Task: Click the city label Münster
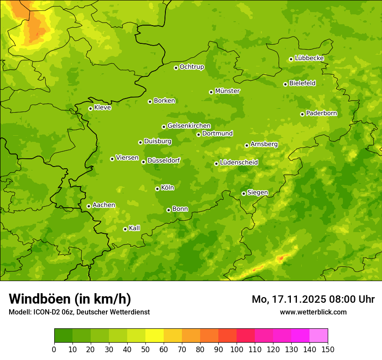pyautogui.click(x=227, y=91)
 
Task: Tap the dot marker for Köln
pyautogui.click(x=157, y=189)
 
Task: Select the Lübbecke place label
pyautogui.click(x=309, y=58)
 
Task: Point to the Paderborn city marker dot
pyautogui.click(x=302, y=114)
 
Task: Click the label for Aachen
pyautogui.click(x=104, y=205)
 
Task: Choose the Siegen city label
pyautogui.click(x=257, y=193)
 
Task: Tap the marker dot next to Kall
pyautogui.click(x=125, y=229)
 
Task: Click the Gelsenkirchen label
pyautogui.click(x=189, y=126)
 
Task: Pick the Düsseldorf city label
pyautogui.click(x=163, y=160)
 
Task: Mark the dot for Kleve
pyautogui.click(x=90, y=108)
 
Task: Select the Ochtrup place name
pyautogui.click(x=191, y=67)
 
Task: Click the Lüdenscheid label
pyautogui.click(x=239, y=163)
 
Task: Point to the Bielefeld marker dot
pyautogui.click(x=285, y=84)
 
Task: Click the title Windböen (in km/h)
pyautogui.click(x=69, y=299)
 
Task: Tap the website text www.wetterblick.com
pyautogui.click(x=313, y=312)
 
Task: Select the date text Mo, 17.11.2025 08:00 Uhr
pyautogui.click(x=313, y=299)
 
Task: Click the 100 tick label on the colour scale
pyautogui.click(x=237, y=349)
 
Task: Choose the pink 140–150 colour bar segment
pyautogui.click(x=319, y=336)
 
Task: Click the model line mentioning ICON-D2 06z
pyautogui.click(x=79, y=312)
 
